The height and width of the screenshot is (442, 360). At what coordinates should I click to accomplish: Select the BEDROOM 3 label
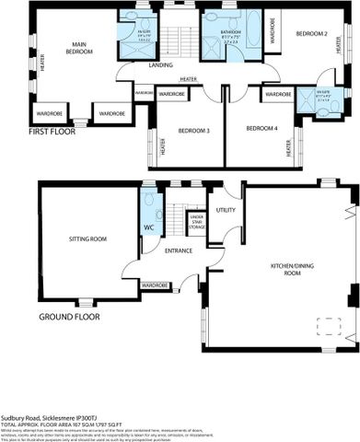(x=194, y=131)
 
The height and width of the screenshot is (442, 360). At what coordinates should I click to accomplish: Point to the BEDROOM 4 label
(x=262, y=129)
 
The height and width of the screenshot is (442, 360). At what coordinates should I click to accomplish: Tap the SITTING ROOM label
(x=88, y=239)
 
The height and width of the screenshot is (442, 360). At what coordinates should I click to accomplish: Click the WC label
(x=148, y=227)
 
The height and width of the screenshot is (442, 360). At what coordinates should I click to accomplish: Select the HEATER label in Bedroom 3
(x=162, y=146)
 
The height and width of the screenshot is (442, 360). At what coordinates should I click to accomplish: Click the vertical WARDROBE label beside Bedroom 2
(x=273, y=30)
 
